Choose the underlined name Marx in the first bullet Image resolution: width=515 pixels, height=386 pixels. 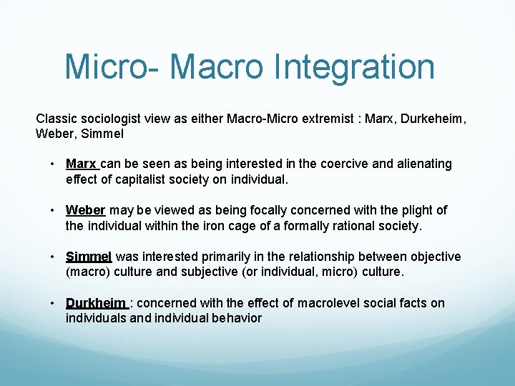point(80,164)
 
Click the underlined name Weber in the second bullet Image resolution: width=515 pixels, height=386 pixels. point(85,210)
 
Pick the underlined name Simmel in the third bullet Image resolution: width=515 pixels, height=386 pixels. point(89,257)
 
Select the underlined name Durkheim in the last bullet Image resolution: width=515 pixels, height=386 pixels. point(96,303)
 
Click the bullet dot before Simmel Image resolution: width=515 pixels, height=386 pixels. point(54,257)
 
